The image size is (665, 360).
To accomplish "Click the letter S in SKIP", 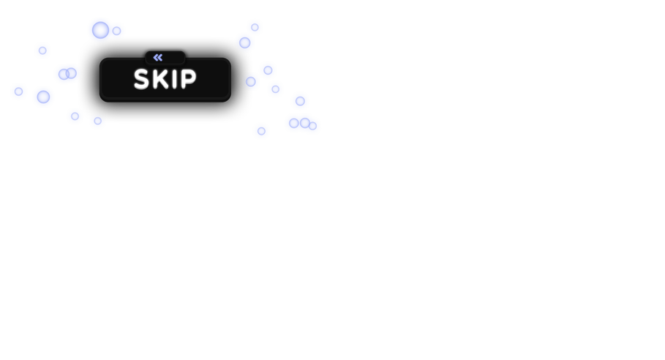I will pyautogui.click(x=141, y=79).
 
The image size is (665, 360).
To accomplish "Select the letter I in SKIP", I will pyautogui.click(x=174, y=79).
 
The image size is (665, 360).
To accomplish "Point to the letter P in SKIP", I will pyautogui.click(x=187, y=79).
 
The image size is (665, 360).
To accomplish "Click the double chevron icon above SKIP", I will pyautogui.click(x=158, y=57).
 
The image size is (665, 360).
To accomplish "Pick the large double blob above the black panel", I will pyautogui.click(x=105, y=30).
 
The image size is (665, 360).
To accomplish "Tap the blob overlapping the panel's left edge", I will pyautogui.click(x=67, y=74).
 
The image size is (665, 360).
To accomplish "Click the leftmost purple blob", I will pyautogui.click(x=18, y=91).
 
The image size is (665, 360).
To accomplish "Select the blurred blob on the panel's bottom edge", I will pyautogui.click(x=97, y=121).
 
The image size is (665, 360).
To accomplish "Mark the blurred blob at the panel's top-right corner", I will pyautogui.click(x=245, y=42).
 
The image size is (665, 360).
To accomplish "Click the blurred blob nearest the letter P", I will pyautogui.click(x=252, y=82).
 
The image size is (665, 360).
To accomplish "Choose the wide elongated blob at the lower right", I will pyautogui.click(x=302, y=124).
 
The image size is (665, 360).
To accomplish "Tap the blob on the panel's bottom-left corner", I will pyautogui.click(x=75, y=116).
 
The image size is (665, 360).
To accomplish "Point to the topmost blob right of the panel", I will pyautogui.click(x=255, y=27).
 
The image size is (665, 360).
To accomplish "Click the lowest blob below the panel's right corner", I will pyautogui.click(x=261, y=131).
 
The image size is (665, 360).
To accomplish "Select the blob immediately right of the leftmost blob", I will pyautogui.click(x=43, y=97).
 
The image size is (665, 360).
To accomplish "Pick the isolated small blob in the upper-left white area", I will pyautogui.click(x=42, y=50).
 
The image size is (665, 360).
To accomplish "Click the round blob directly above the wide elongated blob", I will pyautogui.click(x=300, y=101).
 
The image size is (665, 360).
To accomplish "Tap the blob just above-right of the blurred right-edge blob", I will pyautogui.click(x=268, y=70).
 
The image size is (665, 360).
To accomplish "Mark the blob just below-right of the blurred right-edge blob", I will pyautogui.click(x=275, y=89).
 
